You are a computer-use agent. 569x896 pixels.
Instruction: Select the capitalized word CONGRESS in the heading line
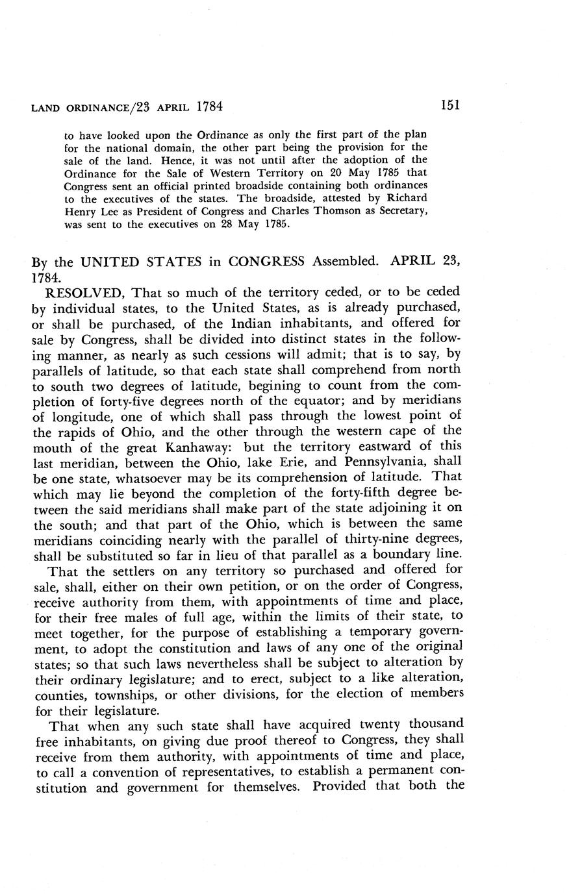(x=268, y=262)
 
